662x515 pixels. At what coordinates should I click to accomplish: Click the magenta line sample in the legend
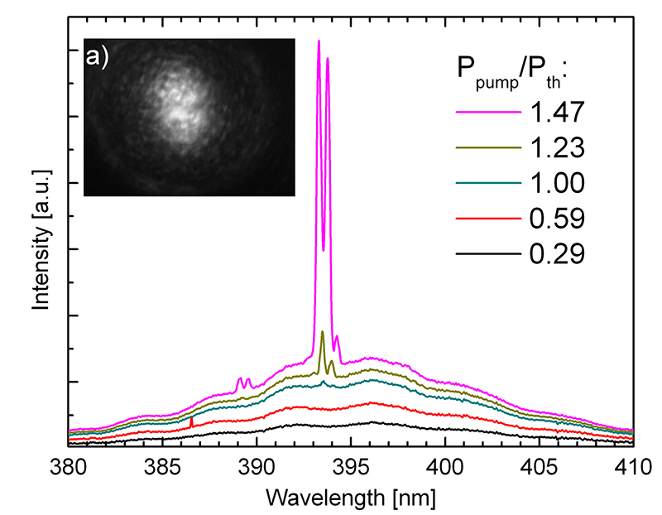488,110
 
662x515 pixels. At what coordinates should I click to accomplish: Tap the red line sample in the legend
488,218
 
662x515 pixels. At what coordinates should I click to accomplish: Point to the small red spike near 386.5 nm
192,422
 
